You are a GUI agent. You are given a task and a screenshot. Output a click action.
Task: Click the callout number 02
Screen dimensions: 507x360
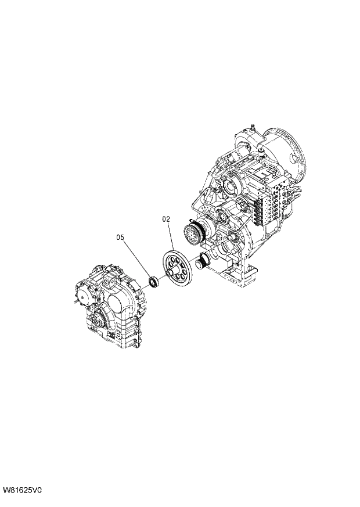click(165, 220)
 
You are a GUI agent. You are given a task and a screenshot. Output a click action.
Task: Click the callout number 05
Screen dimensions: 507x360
click(120, 237)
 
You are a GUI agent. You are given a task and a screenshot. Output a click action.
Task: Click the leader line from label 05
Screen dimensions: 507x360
click(137, 260)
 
